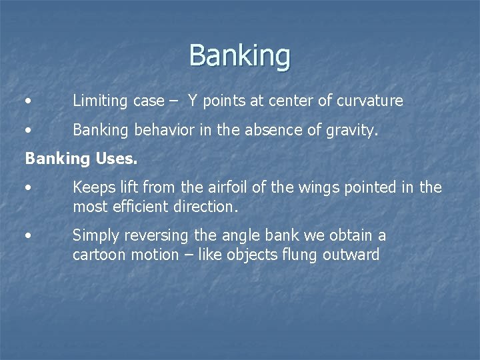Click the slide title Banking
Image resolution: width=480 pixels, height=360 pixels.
click(x=239, y=55)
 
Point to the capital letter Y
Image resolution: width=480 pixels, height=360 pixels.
click(x=192, y=101)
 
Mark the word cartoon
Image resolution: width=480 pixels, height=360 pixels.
click(x=99, y=255)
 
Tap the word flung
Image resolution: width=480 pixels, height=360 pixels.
click(x=303, y=255)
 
